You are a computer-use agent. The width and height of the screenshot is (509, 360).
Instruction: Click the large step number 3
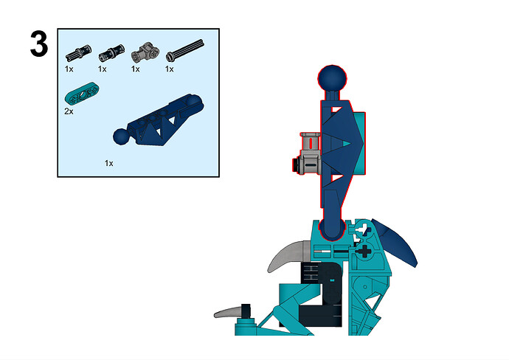click(x=39, y=44)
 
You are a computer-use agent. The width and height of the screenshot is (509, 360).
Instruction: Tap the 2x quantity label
click(x=69, y=111)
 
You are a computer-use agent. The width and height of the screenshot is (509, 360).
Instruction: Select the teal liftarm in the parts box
click(x=82, y=93)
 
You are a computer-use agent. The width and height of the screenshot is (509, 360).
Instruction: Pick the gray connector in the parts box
click(x=145, y=52)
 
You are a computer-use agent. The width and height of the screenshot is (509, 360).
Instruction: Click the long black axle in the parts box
click(x=185, y=50)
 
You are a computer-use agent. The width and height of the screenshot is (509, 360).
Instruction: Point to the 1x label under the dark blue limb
click(x=108, y=163)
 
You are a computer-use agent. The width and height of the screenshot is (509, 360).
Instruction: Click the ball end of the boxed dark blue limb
click(x=122, y=136)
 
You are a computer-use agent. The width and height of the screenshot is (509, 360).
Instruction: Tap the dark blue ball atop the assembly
click(x=332, y=78)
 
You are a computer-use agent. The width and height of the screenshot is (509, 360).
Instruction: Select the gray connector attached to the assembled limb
click(x=310, y=153)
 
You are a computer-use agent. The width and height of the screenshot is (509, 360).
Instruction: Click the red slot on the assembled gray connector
click(x=311, y=143)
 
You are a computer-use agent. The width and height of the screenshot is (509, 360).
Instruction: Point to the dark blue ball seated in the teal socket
click(x=331, y=230)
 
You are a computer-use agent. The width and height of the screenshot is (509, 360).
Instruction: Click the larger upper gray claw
click(x=288, y=255)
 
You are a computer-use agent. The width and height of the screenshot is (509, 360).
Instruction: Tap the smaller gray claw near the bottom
click(x=228, y=313)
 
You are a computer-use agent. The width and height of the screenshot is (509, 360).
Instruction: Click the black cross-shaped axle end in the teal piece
click(x=364, y=251)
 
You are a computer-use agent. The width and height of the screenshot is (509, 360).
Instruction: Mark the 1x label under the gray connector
click(x=136, y=69)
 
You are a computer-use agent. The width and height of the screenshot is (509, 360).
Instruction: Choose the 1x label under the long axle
click(x=169, y=69)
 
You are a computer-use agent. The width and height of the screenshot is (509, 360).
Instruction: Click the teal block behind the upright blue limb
click(x=359, y=143)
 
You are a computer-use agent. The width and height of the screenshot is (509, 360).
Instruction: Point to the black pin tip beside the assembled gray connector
click(x=295, y=165)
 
